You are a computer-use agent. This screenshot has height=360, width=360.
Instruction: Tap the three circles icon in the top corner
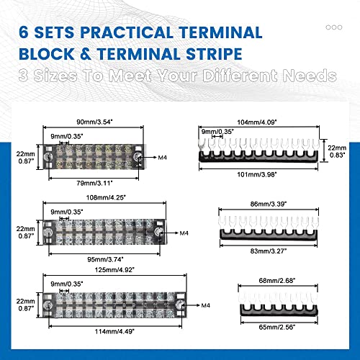334,26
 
